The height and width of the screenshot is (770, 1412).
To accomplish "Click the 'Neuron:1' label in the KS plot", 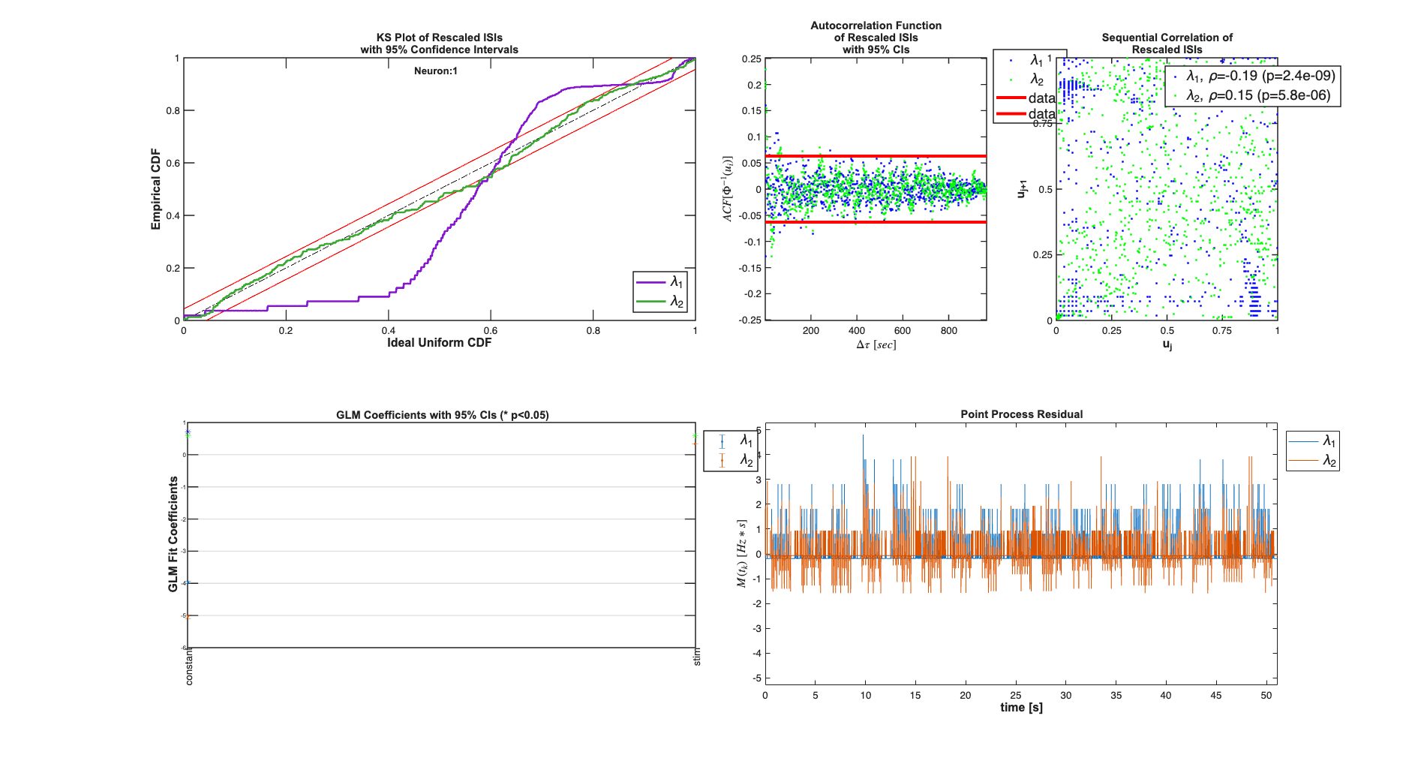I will (x=435, y=71).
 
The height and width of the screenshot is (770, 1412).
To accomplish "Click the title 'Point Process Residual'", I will (x=1021, y=414).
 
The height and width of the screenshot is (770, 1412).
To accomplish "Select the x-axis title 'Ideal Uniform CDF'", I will (x=439, y=343).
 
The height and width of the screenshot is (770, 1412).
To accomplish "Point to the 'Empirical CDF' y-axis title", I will (x=156, y=189).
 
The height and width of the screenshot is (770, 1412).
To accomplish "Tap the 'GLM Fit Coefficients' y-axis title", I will (x=173, y=534).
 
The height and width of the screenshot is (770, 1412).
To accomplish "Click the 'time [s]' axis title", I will (x=1021, y=708).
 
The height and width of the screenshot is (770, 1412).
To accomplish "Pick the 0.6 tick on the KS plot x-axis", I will (x=490, y=331).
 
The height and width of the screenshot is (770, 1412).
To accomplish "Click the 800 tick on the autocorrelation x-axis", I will (x=948, y=331).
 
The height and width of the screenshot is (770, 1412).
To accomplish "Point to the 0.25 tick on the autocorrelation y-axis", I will (x=751, y=59).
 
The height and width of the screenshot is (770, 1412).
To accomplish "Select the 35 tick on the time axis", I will (x=1116, y=696).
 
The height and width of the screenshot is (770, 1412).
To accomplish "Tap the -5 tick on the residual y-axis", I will (x=758, y=678).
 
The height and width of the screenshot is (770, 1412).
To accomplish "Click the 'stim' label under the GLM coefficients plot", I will (x=697, y=657).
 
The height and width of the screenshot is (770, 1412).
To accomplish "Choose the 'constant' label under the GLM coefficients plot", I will (x=189, y=666).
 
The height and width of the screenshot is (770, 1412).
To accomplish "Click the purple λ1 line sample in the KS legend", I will (x=650, y=282).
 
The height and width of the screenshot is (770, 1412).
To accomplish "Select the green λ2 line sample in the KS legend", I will (x=650, y=302).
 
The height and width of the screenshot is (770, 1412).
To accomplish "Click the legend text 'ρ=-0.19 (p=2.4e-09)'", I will (x=1260, y=76).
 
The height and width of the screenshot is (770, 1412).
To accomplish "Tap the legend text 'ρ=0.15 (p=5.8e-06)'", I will (x=1258, y=95).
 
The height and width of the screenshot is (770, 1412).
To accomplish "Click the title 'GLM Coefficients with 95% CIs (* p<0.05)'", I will (x=442, y=415).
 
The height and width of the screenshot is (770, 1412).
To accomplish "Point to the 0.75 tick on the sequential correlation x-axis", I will (x=1222, y=331).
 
